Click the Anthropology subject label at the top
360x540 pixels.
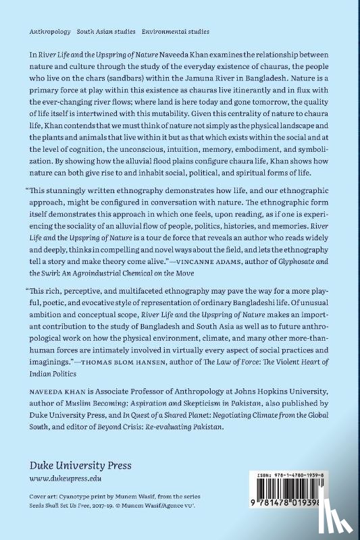point(49,32)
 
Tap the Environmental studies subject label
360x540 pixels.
point(175,32)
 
